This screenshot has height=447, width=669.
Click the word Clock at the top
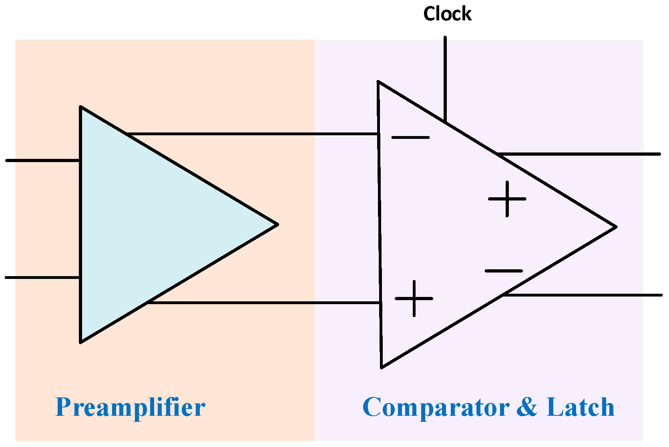(x=447, y=14)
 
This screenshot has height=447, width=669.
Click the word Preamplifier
(x=130, y=408)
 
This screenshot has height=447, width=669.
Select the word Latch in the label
(x=580, y=407)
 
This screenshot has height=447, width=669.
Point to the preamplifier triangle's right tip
(x=277, y=225)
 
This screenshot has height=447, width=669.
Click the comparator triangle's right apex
(x=615, y=227)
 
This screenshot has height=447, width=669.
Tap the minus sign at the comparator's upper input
(x=410, y=138)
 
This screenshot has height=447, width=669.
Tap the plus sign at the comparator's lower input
(x=414, y=299)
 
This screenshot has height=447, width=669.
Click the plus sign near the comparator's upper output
(x=507, y=199)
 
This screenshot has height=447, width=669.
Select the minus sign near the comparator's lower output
(x=504, y=271)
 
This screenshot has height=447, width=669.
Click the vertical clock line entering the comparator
(x=445, y=76)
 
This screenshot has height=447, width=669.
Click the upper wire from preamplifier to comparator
(x=252, y=134)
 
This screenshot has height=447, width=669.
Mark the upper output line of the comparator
(x=581, y=154)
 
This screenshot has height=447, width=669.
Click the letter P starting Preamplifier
(x=63, y=407)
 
